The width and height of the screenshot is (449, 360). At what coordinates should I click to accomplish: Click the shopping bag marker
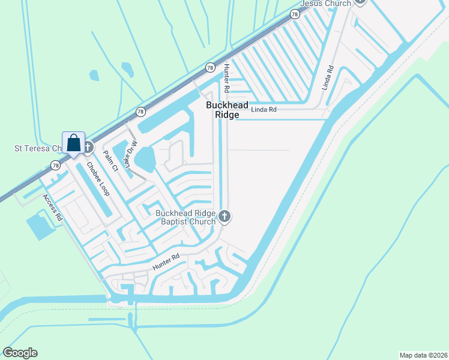click(73, 143)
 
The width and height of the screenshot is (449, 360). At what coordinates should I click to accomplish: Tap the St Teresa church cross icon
click(88, 147)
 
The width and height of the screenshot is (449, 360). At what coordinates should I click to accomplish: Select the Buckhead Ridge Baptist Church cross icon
click(224, 216)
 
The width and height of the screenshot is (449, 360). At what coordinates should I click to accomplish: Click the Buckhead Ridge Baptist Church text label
click(185, 217)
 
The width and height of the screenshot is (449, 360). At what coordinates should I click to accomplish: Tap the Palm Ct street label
click(110, 161)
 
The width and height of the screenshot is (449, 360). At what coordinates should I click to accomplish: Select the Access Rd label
click(52, 208)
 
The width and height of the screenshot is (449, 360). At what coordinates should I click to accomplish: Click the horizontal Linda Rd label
click(264, 110)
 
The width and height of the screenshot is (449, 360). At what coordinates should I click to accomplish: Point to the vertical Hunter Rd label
click(226, 77)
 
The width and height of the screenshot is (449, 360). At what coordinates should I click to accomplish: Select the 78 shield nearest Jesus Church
click(295, 14)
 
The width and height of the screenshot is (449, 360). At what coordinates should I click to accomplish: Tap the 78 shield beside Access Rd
click(55, 165)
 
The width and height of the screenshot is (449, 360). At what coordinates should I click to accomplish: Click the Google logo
click(20, 353)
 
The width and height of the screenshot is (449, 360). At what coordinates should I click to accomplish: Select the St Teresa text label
click(37, 148)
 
